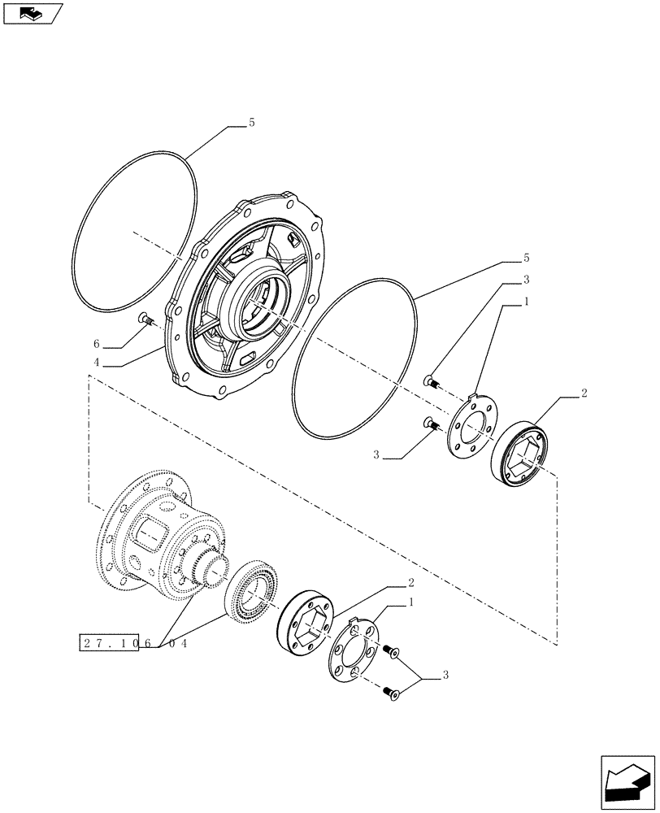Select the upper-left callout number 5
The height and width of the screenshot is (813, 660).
[251, 123]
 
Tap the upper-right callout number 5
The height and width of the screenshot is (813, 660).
[526, 258]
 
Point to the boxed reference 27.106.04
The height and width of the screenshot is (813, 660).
[135, 642]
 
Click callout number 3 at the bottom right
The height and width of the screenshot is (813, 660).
[445, 675]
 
